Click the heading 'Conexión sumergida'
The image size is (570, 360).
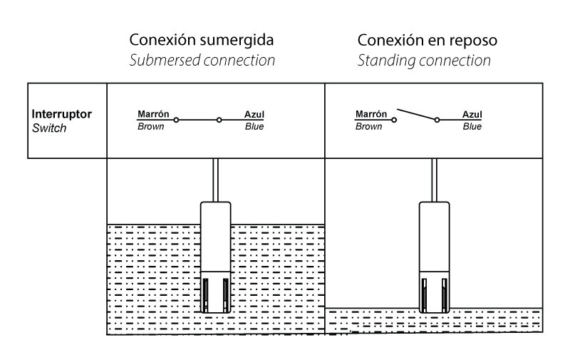click(202, 39)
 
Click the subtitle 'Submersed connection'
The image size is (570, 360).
click(202, 61)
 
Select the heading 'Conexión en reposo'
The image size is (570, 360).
click(427, 39)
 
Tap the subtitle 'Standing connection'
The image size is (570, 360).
click(424, 61)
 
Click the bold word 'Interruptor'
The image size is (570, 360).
click(62, 114)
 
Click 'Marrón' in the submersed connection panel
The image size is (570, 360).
click(152, 114)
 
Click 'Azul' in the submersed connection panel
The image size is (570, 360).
click(254, 114)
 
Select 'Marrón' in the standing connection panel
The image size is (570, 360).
click(370, 114)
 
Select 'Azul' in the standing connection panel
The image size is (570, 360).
click(472, 114)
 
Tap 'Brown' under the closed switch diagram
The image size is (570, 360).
click(150, 127)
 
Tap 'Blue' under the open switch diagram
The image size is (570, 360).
click(472, 127)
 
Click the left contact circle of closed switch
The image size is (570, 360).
click(177, 120)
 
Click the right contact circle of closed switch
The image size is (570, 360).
click(219, 120)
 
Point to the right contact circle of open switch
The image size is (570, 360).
click(437, 120)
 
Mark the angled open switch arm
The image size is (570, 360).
click(417, 115)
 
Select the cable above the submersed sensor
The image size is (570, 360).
click(215, 180)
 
